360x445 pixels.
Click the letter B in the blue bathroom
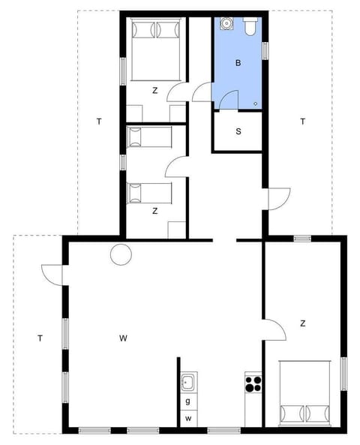tap(238, 63)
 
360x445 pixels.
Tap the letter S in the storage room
tap(238, 131)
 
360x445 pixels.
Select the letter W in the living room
tap(123, 338)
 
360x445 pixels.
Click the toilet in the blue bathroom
tap(251, 26)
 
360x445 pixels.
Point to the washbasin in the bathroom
tap(226, 25)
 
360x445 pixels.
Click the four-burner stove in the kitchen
tap(253, 383)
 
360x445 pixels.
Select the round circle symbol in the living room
tap(120, 255)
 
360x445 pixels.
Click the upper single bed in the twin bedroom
tap(149, 137)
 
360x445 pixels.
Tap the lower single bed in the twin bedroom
tap(149, 193)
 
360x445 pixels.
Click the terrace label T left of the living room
tap(40, 338)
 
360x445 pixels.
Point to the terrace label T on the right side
tap(303, 121)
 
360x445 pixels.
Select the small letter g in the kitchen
tap(187, 401)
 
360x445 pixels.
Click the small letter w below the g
tap(188, 417)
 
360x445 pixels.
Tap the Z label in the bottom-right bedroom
tap(303, 323)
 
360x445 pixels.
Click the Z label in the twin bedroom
tap(154, 211)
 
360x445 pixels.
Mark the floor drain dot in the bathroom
tap(256, 103)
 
